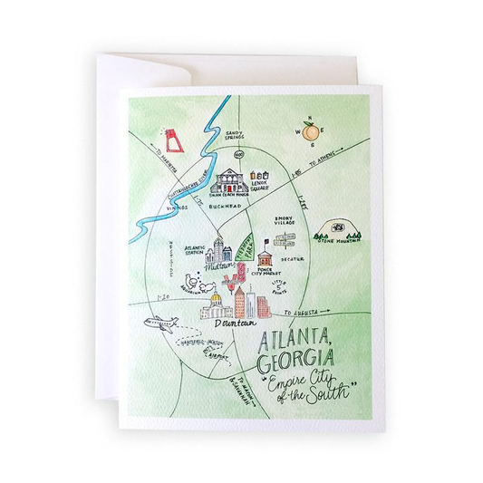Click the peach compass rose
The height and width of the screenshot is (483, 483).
pos(310,132)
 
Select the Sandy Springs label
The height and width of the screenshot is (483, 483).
pos(240,134)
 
